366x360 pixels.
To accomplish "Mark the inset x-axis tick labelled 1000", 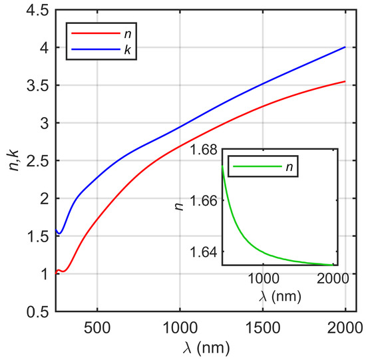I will (264, 277).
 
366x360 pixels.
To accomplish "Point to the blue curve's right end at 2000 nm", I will (345, 47).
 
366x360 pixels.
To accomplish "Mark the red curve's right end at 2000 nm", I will (345, 81).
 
